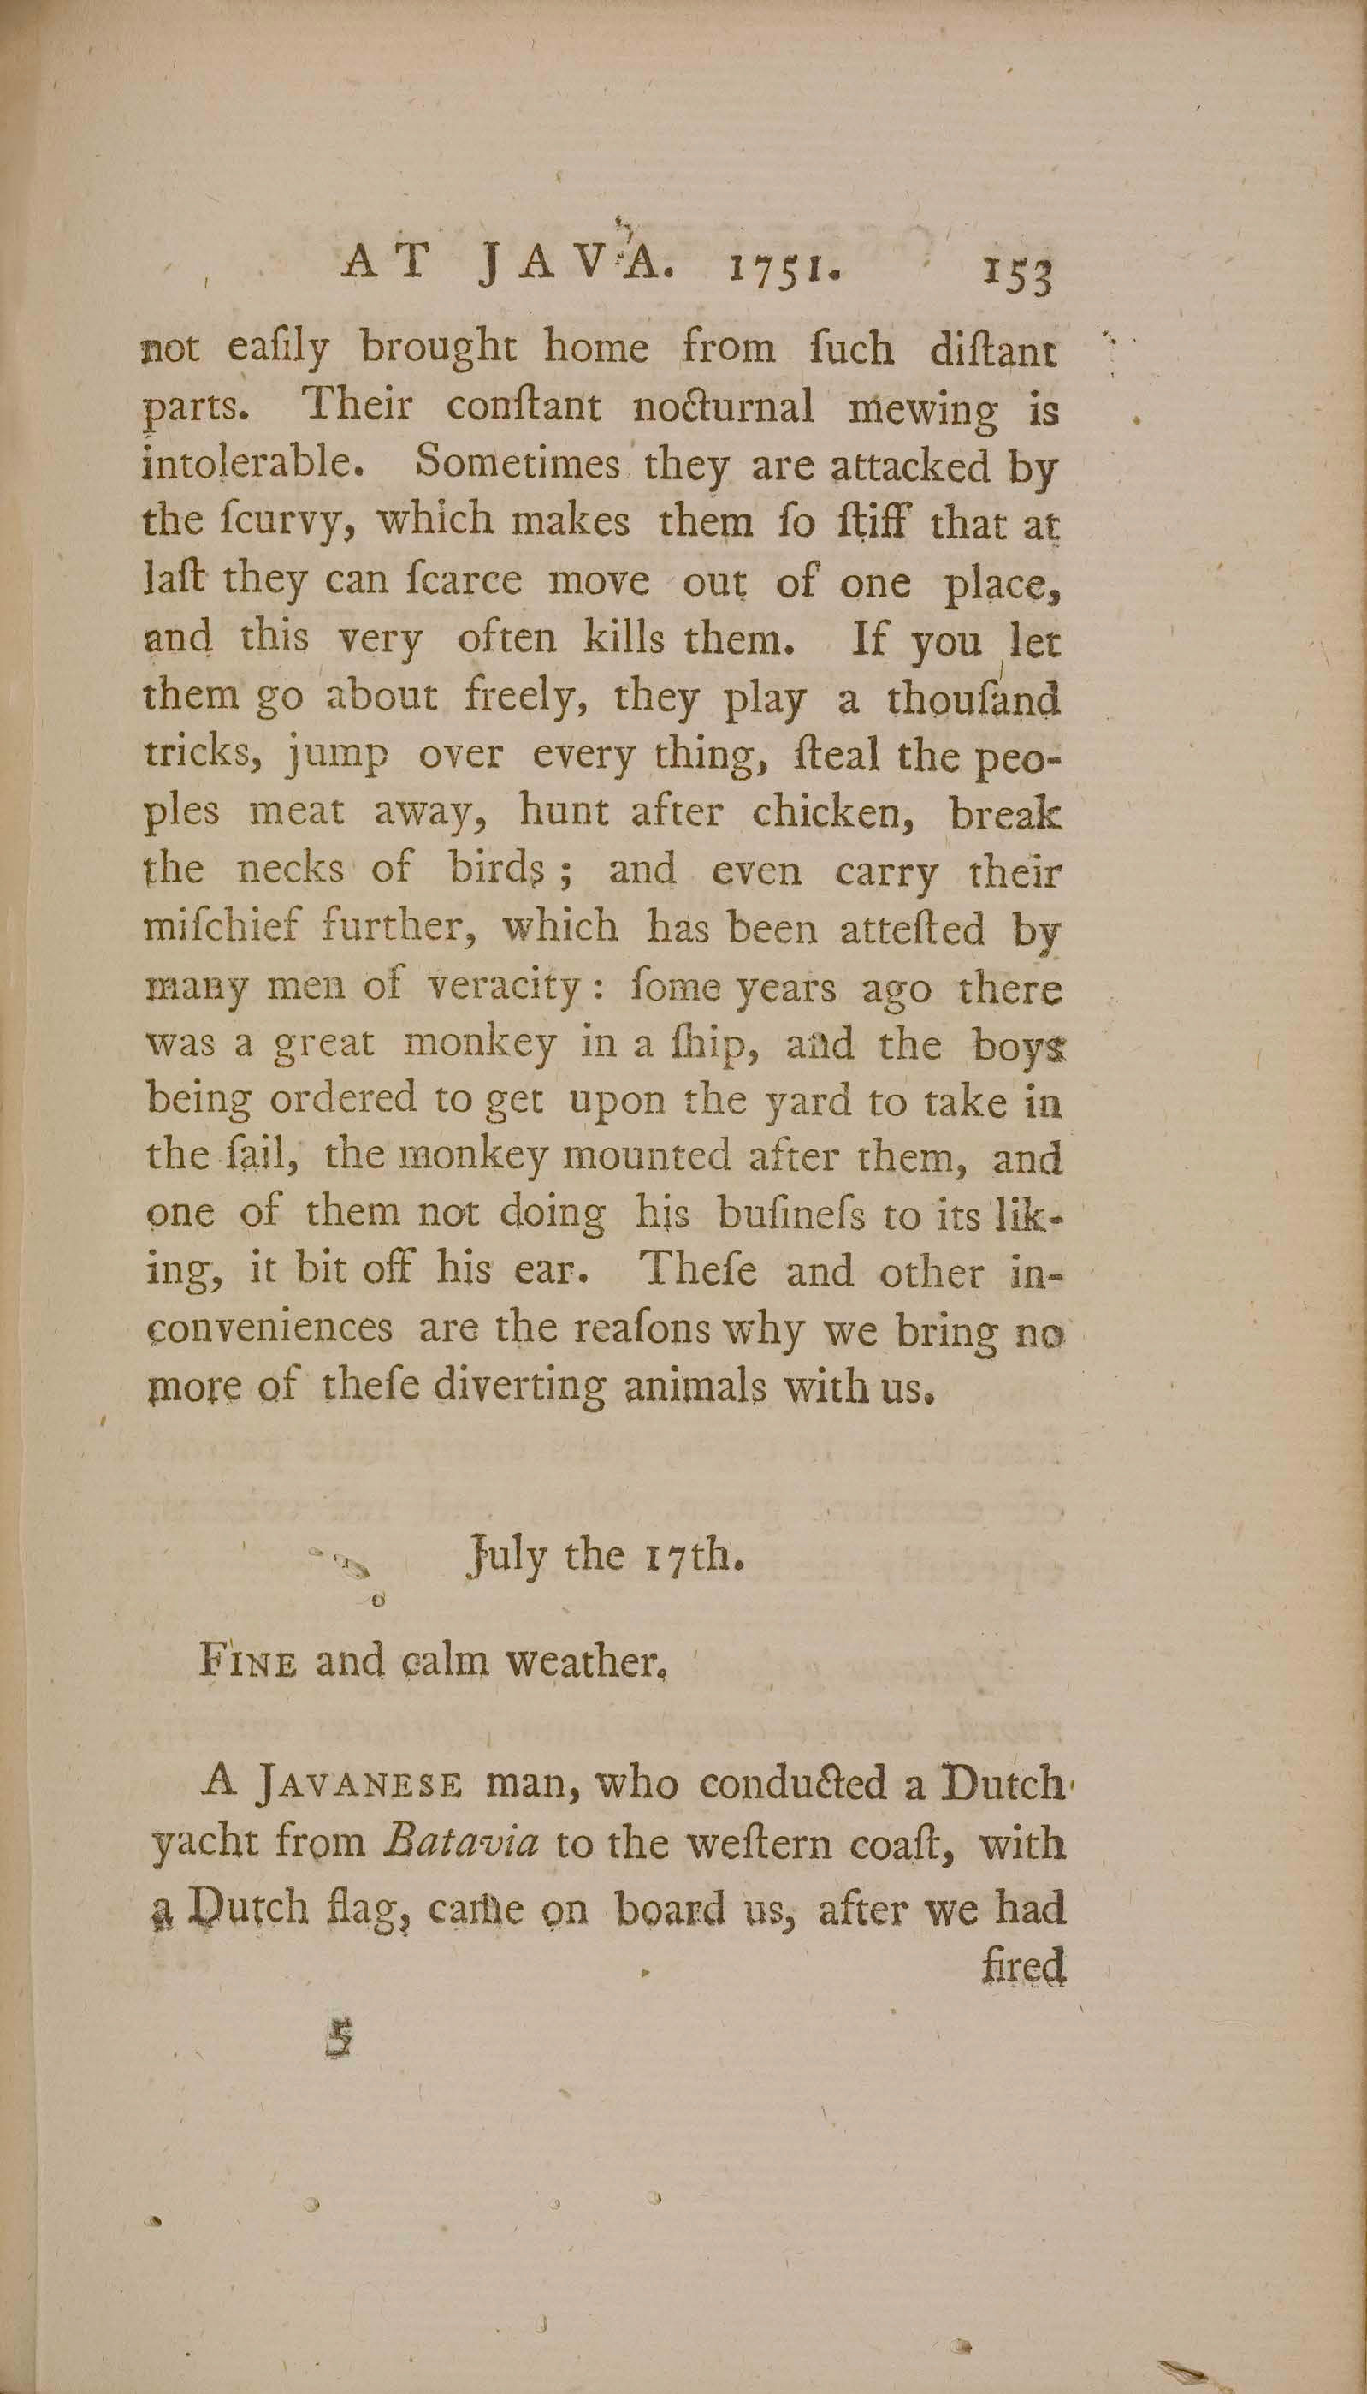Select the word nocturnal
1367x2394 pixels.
(724, 408)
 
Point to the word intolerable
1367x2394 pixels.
(252, 466)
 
